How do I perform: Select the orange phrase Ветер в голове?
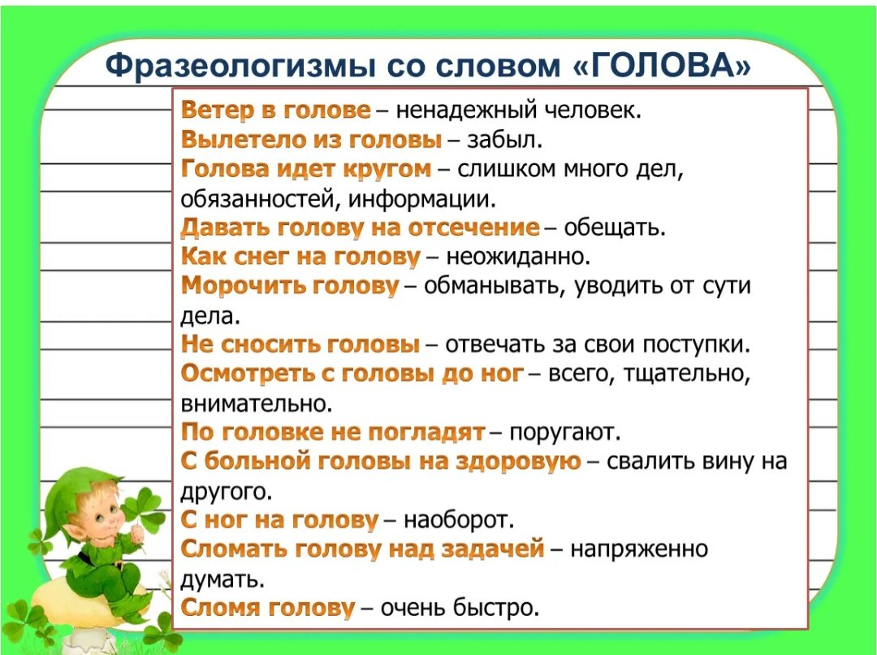(276, 110)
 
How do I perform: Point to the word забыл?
(504, 140)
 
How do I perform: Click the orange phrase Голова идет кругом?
(306, 169)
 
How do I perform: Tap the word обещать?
(615, 228)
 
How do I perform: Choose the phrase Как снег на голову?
(300, 257)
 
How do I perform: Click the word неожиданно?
(518, 257)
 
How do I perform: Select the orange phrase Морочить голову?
(290, 286)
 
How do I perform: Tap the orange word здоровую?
(518, 462)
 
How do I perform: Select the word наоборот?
(458, 521)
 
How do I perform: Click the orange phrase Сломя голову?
(268, 608)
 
